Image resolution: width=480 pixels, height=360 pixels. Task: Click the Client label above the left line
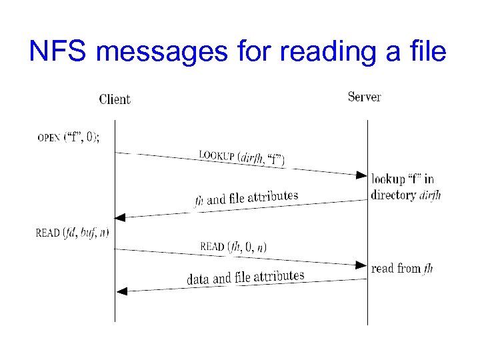(x=115, y=99)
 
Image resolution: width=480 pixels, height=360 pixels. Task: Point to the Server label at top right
(x=365, y=97)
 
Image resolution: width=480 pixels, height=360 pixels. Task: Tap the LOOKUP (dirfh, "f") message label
(x=241, y=159)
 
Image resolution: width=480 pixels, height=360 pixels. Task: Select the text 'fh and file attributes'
(x=246, y=198)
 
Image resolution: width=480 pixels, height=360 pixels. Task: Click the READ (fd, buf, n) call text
(x=72, y=233)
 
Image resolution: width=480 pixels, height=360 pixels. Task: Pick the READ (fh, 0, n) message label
(x=233, y=247)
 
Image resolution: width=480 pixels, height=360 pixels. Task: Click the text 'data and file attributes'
(x=245, y=277)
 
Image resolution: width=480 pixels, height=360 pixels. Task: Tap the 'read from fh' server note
(x=402, y=268)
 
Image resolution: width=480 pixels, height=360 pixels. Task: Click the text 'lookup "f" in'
(x=403, y=179)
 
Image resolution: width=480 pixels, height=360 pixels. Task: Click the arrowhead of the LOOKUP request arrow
(x=361, y=176)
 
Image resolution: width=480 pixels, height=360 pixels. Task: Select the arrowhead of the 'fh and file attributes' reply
(x=120, y=217)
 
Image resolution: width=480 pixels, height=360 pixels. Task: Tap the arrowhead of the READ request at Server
(x=361, y=265)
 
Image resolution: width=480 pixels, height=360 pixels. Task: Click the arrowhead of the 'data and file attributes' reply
(x=121, y=291)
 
